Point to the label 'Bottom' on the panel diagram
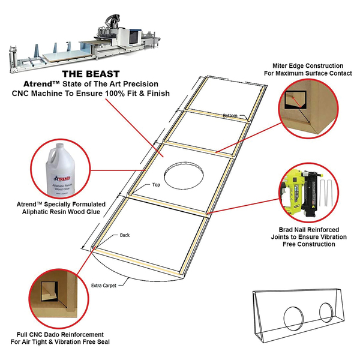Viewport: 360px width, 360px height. (230, 115)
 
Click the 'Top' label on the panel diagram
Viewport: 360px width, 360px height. (156, 185)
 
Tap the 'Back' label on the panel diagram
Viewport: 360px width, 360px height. (125, 235)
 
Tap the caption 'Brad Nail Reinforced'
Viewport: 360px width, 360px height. (307, 229)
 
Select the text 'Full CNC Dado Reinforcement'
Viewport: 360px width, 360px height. (60, 334)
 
